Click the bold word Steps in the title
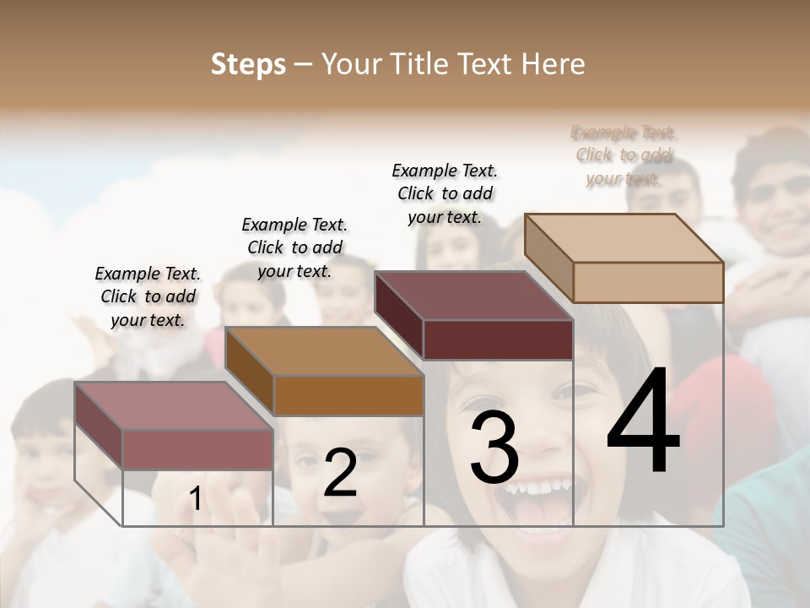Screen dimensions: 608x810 pos(248,64)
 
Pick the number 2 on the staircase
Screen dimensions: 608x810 pos(340,473)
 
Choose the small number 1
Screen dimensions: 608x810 pos(195,499)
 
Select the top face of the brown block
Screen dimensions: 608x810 pos(324,351)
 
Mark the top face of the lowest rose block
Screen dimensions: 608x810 pos(174,405)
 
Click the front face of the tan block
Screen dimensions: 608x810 pos(648,282)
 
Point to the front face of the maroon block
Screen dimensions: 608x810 pos(498,339)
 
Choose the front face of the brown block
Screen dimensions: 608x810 pos(348,395)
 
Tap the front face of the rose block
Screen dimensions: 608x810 pos(197,449)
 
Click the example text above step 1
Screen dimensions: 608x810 pos(148,296)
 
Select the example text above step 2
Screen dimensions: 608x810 pos(294,247)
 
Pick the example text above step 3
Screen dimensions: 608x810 pos(445,193)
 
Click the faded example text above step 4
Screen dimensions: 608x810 pos(624,155)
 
